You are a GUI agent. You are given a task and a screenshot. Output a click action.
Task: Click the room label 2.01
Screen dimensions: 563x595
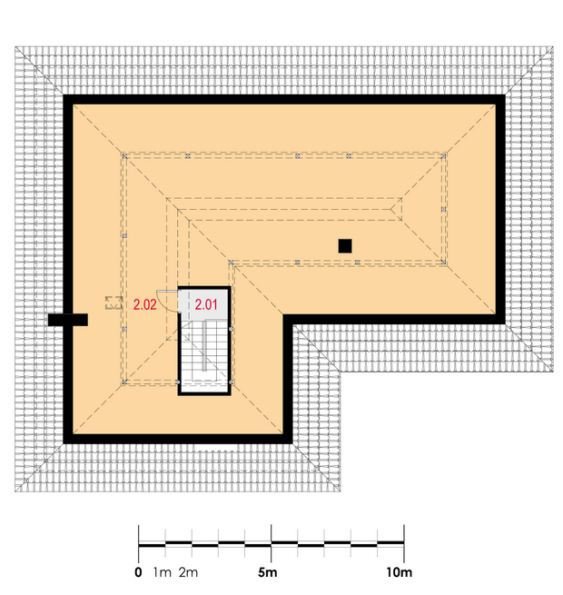click(x=206, y=304)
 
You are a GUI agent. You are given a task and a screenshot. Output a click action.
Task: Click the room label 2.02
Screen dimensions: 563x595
click(x=144, y=304)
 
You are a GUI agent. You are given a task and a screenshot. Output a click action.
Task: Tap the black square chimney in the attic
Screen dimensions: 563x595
click(x=345, y=246)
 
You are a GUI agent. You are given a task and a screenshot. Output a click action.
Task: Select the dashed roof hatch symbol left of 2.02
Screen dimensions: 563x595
click(x=114, y=302)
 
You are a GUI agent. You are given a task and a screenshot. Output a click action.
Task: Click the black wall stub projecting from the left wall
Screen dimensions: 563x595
click(x=68, y=320)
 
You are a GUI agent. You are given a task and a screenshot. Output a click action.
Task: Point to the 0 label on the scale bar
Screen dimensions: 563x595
click(x=138, y=572)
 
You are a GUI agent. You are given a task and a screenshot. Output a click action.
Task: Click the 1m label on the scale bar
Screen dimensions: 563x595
click(x=163, y=572)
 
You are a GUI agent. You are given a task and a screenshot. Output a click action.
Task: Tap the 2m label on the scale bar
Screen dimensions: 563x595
click(x=188, y=572)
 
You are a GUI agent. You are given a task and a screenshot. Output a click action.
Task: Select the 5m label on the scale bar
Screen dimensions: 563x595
click(x=268, y=572)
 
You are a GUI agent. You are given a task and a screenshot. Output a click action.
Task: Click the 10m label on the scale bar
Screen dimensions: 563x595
click(x=400, y=572)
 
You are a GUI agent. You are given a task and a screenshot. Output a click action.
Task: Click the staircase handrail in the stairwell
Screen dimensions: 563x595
click(x=204, y=344)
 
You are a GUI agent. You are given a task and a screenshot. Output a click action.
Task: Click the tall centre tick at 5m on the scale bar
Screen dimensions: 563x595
click(x=272, y=543)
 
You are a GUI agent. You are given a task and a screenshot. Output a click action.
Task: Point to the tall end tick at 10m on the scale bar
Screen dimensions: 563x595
click(x=404, y=543)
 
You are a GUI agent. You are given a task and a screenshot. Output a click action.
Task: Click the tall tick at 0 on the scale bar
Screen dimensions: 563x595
click(x=138, y=543)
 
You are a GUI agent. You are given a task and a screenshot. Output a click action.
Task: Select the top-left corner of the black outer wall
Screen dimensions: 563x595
click(x=64, y=95)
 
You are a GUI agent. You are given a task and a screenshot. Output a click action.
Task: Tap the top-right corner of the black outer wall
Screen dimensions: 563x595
click(x=505, y=95)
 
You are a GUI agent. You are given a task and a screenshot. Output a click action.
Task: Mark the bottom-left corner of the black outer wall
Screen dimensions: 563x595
click(x=64, y=443)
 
